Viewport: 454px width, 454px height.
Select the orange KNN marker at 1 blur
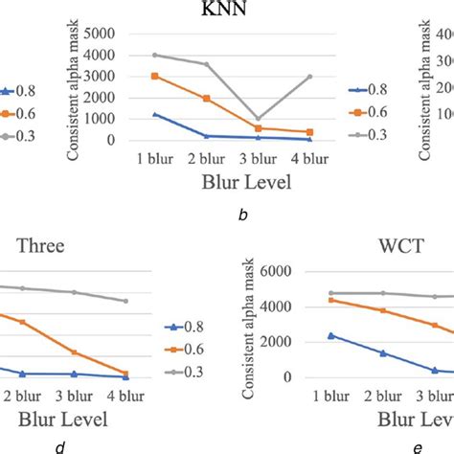click(155, 76)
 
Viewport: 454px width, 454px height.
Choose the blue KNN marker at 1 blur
click(155, 114)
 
